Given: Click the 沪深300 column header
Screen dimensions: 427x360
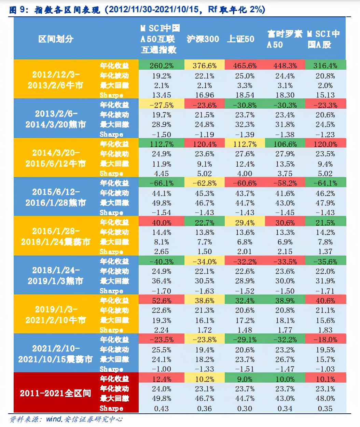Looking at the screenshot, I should (x=203, y=39).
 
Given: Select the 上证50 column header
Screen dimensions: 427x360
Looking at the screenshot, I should (x=241, y=39).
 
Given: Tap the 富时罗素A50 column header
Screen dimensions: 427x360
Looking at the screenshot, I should (x=284, y=39).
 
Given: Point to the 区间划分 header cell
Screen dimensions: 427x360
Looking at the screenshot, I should (x=56, y=39).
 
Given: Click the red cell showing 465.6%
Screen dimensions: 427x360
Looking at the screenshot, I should (x=245, y=65).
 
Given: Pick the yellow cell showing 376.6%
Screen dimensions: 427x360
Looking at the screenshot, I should (x=205, y=65).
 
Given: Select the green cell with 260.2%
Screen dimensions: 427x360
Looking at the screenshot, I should (x=162, y=65).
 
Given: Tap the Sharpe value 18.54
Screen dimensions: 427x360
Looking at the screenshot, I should (x=245, y=95).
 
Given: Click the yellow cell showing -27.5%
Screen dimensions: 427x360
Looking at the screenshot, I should (x=162, y=105).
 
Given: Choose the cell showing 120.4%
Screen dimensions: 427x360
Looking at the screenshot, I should (x=205, y=144).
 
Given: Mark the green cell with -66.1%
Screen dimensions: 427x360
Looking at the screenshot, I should (x=162, y=183).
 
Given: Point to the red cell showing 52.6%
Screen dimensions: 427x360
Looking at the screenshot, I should (x=162, y=301).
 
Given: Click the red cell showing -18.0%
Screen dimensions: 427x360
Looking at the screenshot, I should (x=325, y=340).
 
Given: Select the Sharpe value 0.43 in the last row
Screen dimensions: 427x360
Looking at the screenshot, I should (x=162, y=409).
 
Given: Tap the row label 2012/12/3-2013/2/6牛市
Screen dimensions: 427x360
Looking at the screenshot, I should (x=56, y=80).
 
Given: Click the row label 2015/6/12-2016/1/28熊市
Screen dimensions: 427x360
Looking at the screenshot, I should (x=56, y=197).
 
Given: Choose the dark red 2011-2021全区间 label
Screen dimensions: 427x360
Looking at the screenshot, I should (x=56, y=393).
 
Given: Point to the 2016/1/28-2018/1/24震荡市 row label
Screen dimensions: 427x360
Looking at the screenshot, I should (x=56, y=236).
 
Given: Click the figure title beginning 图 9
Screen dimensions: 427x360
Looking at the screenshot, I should (x=137, y=9).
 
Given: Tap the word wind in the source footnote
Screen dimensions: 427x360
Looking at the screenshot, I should (x=54, y=419).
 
